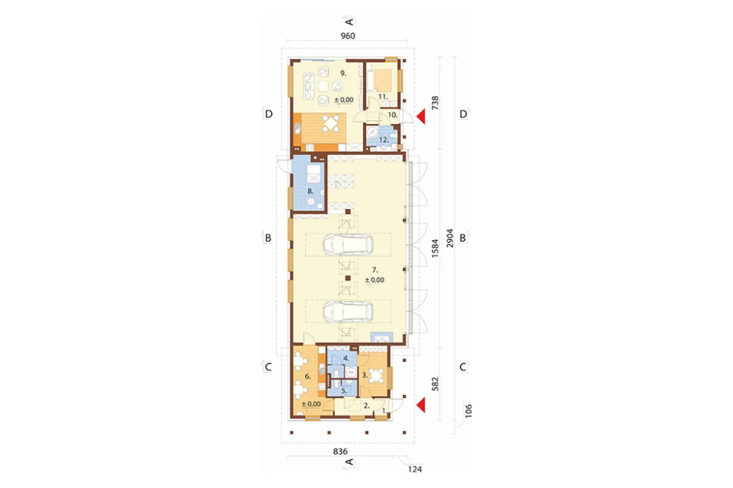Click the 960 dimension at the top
coord(347,36)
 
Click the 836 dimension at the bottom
coord(340,451)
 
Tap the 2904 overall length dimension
coord(450,238)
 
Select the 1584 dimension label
coord(435,248)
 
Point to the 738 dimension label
coord(435,103)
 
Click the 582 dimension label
coord(435,384)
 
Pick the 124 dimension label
coord(415,469)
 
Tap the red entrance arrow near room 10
coord(421,117)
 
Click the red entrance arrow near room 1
coord(421,405)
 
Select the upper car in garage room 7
coord(348,245)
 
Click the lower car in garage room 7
coord(348,311)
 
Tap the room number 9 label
coord(343,73)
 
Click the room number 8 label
coord(310,191)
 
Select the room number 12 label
coord(384,140)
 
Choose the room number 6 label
coord(308,377)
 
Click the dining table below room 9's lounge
coord(331,124)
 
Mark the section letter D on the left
coord(268,114)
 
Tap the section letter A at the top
coord(349,21)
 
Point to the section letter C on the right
coord(463,367)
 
